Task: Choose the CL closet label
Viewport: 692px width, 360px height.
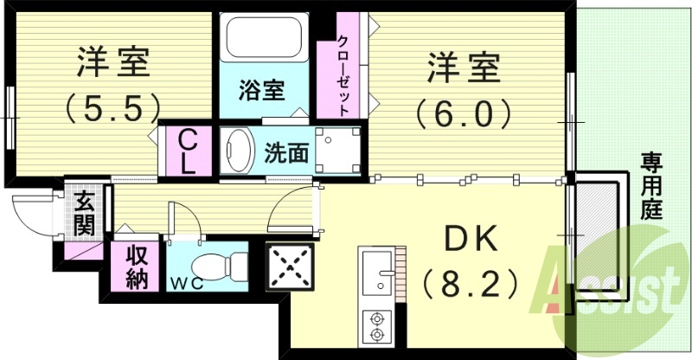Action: click(x=188, y=151)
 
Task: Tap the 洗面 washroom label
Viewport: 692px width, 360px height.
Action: click(x=285, y=153)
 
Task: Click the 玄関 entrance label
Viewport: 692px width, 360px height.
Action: click(x=84, y=215)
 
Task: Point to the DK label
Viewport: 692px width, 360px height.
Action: click(x=471, y=239)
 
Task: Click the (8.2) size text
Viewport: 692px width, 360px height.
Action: click(x=471, y=282)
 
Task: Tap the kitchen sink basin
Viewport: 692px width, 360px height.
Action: click(x=376, y=277)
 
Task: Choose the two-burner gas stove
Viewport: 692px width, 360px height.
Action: click(x=377, y=326)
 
